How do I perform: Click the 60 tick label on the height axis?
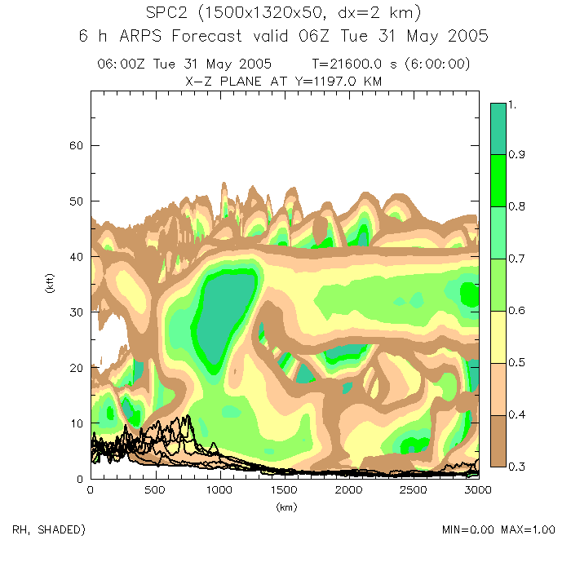click(75, 145)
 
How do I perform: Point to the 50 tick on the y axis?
click(75, 201)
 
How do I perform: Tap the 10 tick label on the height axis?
click(75, 423)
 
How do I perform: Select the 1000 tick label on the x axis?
click(219, 489)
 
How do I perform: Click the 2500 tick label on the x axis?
click(413, 489)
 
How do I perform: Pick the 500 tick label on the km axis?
click(154, 489)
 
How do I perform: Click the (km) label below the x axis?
click(283, 506)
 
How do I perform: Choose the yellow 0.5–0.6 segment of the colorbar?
click(498, 336)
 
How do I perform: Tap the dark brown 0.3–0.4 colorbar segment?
click(498, 440)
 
